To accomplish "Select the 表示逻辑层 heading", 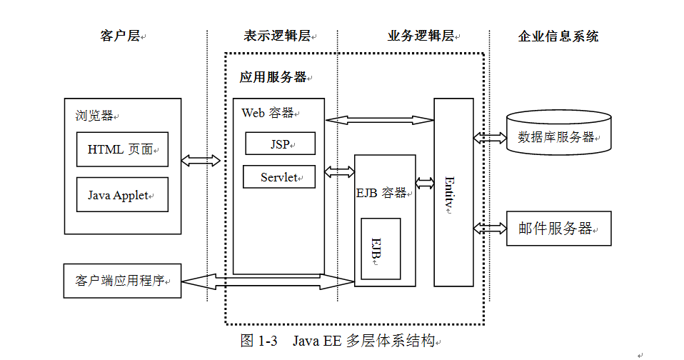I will click(x=276, y=36).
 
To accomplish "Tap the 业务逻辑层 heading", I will click(x=421, y=36).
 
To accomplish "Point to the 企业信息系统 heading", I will click(x=558, y=36).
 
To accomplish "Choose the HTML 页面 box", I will click(x=122, y=149).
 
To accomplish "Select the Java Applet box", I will click(x=122, y=195).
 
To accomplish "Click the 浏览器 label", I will click(x=94, y=116).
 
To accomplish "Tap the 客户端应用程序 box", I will click(x=122, y=281).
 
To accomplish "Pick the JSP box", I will click(x=280, y=144).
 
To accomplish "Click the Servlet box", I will click(x=278, y=177).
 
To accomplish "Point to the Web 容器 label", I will click(x=268, y=113).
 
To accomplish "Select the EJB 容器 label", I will click(x=382, y=193).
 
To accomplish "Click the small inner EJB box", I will click(x=380, y=249).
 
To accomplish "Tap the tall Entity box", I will click(x=453, y=192).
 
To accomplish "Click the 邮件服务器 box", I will click(x=558, y=229).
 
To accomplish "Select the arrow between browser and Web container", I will click(x=201, y=161).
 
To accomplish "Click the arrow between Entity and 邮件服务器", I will click(x=490, y=229).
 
